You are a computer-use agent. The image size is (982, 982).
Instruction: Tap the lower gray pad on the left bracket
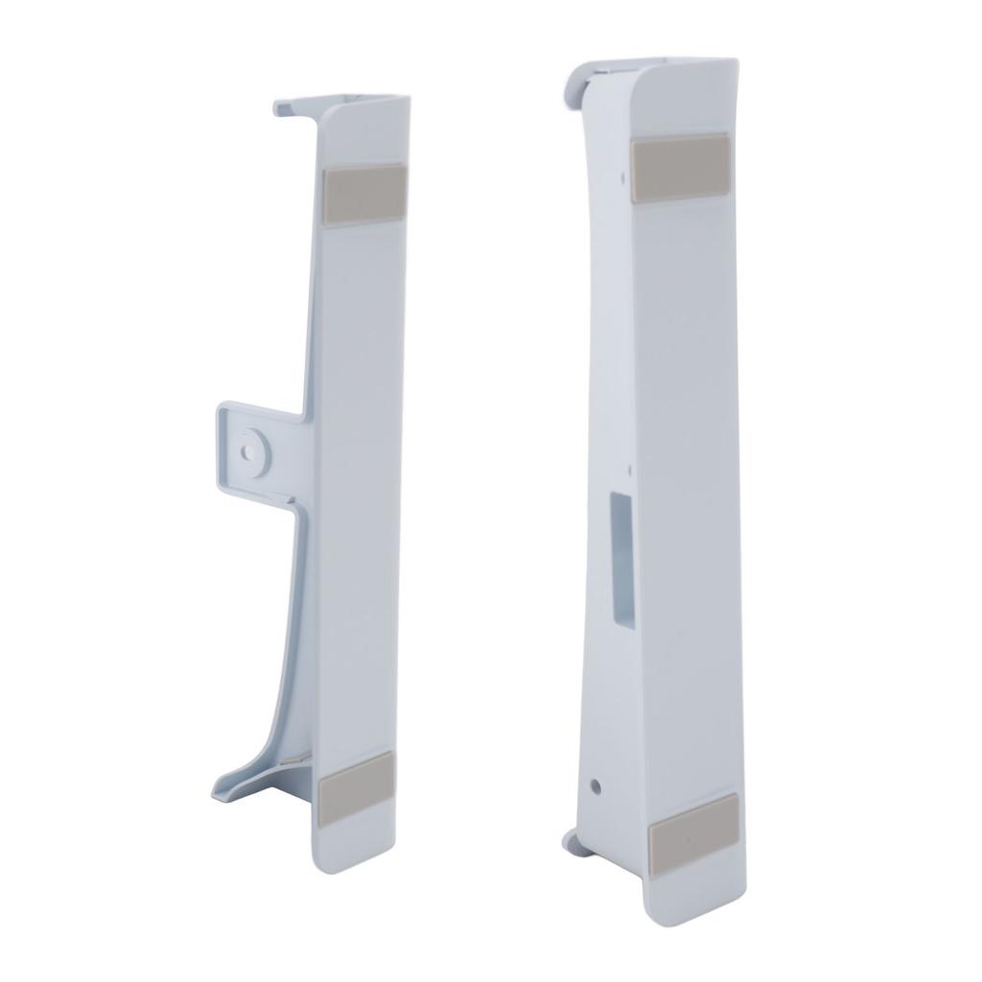pyautogui.click(x=355, y=787)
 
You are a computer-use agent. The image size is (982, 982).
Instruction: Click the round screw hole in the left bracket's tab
pyautogui.click(x=250, y=447)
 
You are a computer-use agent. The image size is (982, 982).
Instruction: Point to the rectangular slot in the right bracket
pyautogui.click(x=621, y=562)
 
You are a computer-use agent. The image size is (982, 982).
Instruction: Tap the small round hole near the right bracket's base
pyautogui.click(x=596, y=786)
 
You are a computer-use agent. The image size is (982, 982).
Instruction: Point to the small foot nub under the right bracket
pyautogui.click(x=570, y=841)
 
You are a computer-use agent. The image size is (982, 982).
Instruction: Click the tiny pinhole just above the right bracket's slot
pyautogui.click(x=628, y=470)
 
